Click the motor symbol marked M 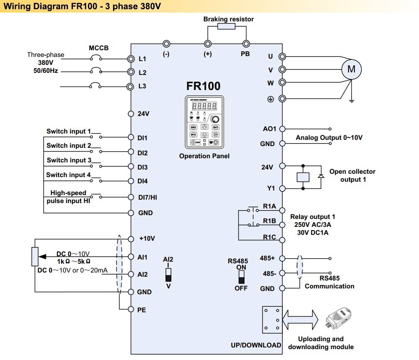351,69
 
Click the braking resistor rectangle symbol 226,26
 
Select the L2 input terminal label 142,72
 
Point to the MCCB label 98,48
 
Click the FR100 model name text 203,86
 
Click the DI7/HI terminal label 147,197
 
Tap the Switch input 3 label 69,160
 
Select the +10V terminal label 147,239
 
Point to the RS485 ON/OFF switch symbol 241,277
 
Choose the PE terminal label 142,310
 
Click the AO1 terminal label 269,129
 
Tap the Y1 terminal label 271,188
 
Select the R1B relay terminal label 269,221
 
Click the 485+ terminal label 267,258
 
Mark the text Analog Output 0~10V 329,138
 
